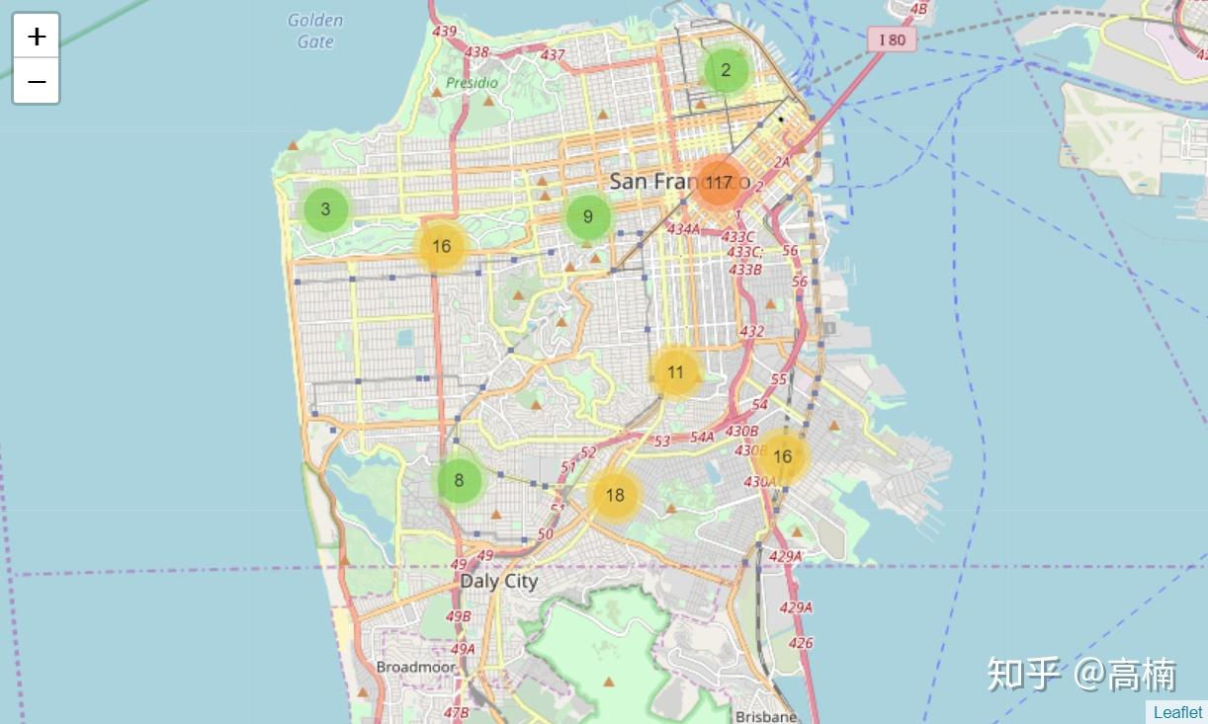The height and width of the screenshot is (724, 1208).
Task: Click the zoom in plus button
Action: point(37,37)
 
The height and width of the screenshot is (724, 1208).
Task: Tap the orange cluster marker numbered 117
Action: point(719,183)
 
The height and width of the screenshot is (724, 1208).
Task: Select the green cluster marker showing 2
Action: point(726,70)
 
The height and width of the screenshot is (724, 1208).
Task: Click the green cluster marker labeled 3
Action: point(325,209)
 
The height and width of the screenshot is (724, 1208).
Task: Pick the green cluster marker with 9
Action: point(587,217)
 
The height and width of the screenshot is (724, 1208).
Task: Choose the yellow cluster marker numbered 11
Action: point(675,372)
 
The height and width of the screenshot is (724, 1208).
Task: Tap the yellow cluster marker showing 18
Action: point(615,495)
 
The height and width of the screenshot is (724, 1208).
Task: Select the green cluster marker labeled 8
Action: point(459,481)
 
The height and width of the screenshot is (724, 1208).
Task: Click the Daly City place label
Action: point(498,581)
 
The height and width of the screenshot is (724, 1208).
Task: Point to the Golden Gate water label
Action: point(315,31)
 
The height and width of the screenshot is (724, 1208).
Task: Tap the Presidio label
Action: point(472,83)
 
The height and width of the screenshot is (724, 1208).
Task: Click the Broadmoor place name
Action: point(415,667)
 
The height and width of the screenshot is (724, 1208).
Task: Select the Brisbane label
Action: point(766,716)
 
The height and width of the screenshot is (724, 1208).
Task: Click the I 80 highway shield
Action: point(892,40)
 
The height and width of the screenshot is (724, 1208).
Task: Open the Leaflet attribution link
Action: point(1177,712)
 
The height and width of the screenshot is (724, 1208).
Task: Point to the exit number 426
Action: point(801,643)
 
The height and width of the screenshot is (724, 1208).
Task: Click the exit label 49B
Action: point(459,616)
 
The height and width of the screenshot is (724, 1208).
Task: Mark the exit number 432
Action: point(751,331)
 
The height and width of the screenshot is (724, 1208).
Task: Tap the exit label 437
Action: point(553,55)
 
